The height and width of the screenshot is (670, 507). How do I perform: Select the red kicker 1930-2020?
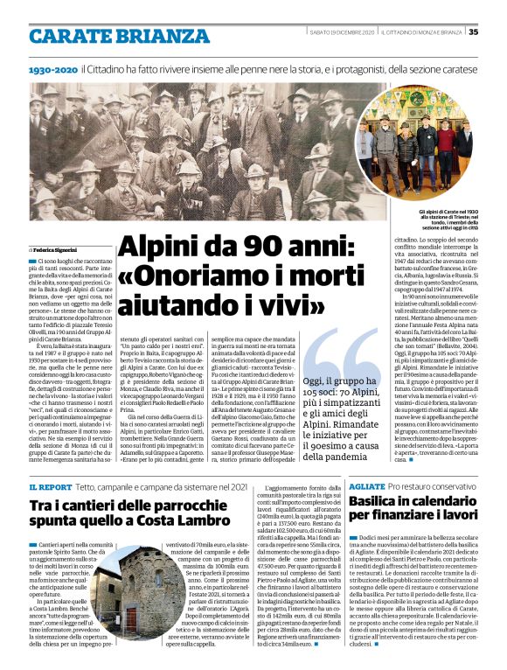point(52,67)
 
